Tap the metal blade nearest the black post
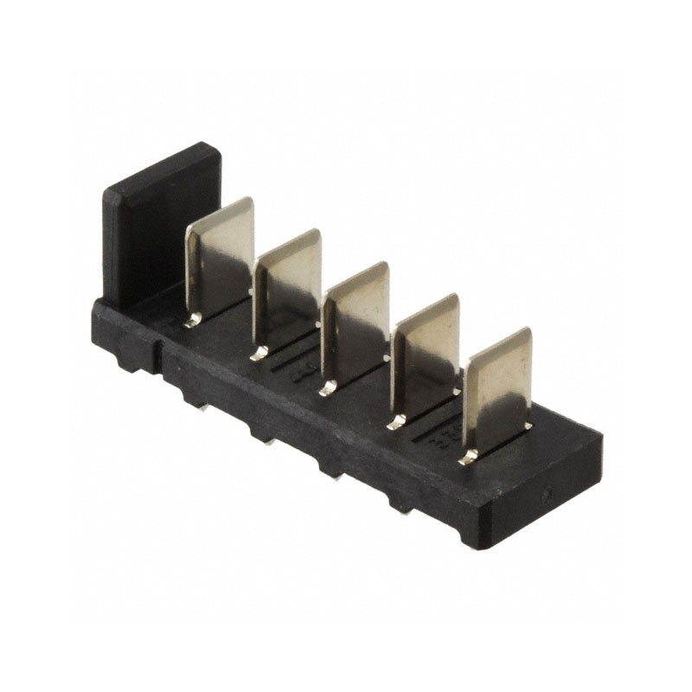coord(221,259)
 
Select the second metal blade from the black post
coord(288,290)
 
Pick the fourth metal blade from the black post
coord(426,355)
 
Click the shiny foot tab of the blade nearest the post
coord(192,321)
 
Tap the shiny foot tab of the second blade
coord(259,353)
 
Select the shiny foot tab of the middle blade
coord(327,388)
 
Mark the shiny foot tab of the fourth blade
coord(396,422)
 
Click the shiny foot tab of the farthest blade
coord(468,457)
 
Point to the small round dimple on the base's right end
coord(548,497)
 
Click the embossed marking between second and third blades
coord(304,372)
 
